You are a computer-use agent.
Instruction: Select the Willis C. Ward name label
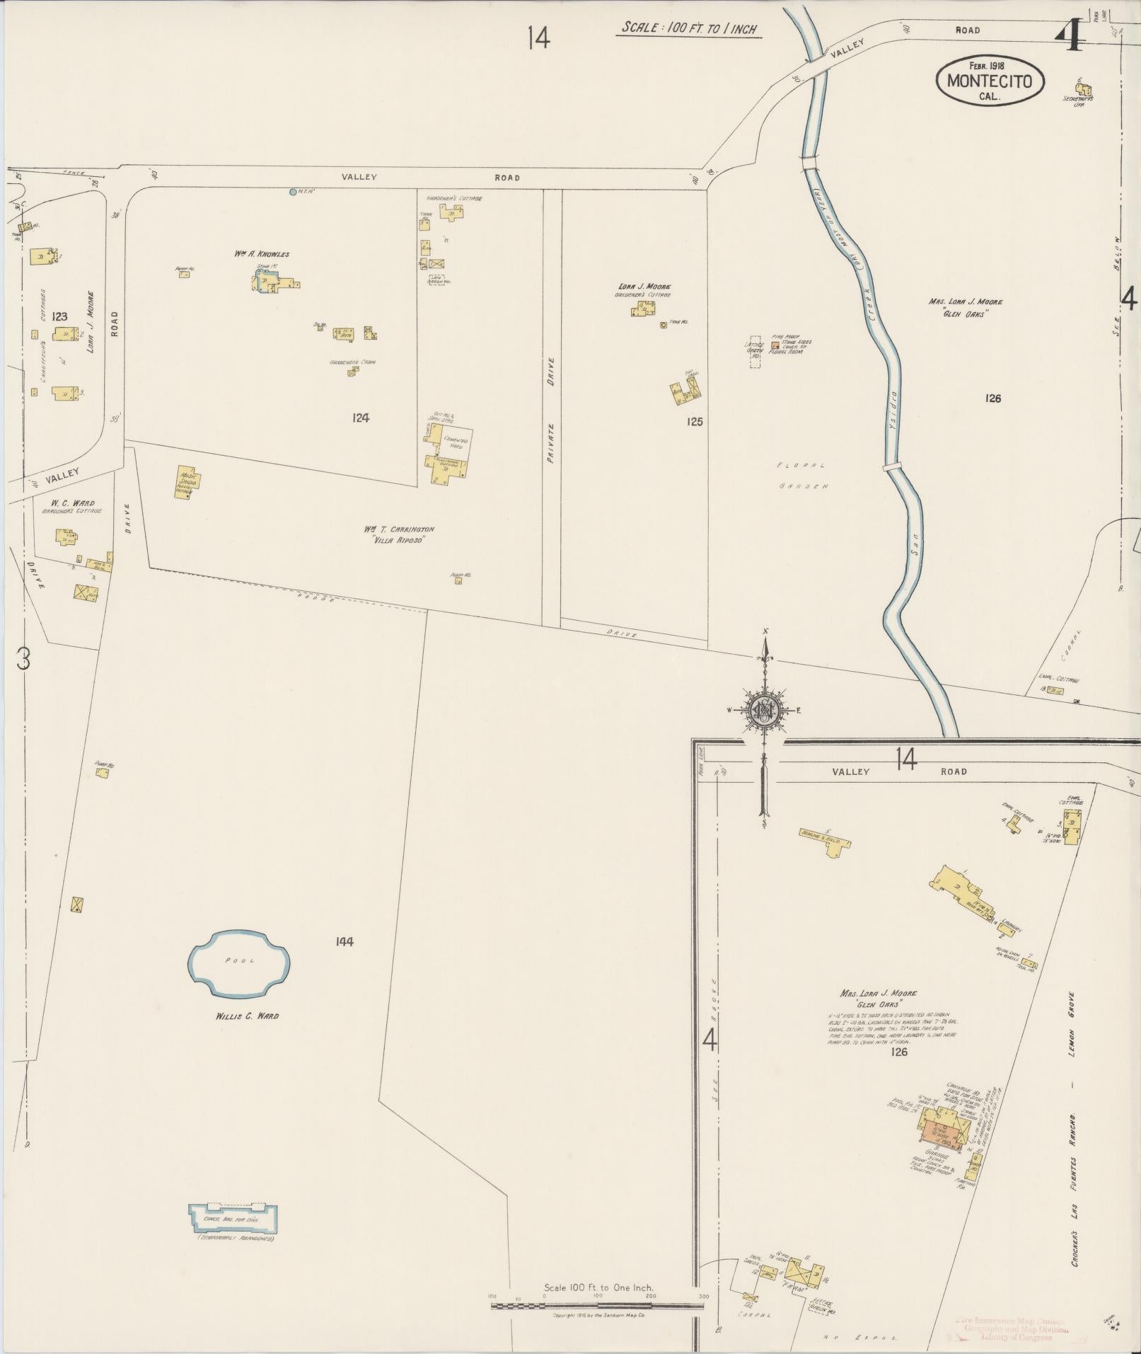(247, 1016)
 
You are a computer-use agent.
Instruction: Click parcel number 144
(344, 941)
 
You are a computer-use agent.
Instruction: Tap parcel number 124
(361, 418)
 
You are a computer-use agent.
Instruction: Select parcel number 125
(695, 422)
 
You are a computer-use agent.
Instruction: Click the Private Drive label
(551, 411)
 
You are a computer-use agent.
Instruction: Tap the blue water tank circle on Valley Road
(293, 191)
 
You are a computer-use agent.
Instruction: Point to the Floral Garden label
(801, 476)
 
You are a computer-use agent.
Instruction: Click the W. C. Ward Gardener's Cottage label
(68, 507)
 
